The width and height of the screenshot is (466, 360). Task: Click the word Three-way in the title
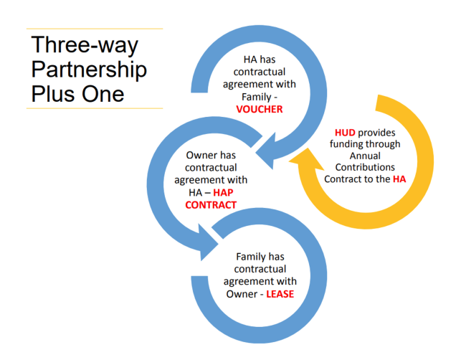(x=85, y=44)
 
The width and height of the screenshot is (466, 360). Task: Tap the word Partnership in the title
(x=89, y=69)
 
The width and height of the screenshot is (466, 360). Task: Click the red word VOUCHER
(x=260, y=109)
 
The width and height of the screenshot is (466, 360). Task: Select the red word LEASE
(x=280, y=293)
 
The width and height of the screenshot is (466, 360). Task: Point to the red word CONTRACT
(x=211, y=204)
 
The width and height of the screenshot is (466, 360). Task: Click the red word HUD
(x=346, y=133)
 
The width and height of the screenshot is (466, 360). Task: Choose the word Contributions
(x=365, y=167)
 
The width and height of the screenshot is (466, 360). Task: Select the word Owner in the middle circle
(x=201, y=155)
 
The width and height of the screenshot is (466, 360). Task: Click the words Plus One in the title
(x=77, y=93)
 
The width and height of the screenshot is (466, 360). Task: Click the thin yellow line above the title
(x=94, y=29)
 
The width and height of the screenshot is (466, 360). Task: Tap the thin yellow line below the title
(x=94, y=108)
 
